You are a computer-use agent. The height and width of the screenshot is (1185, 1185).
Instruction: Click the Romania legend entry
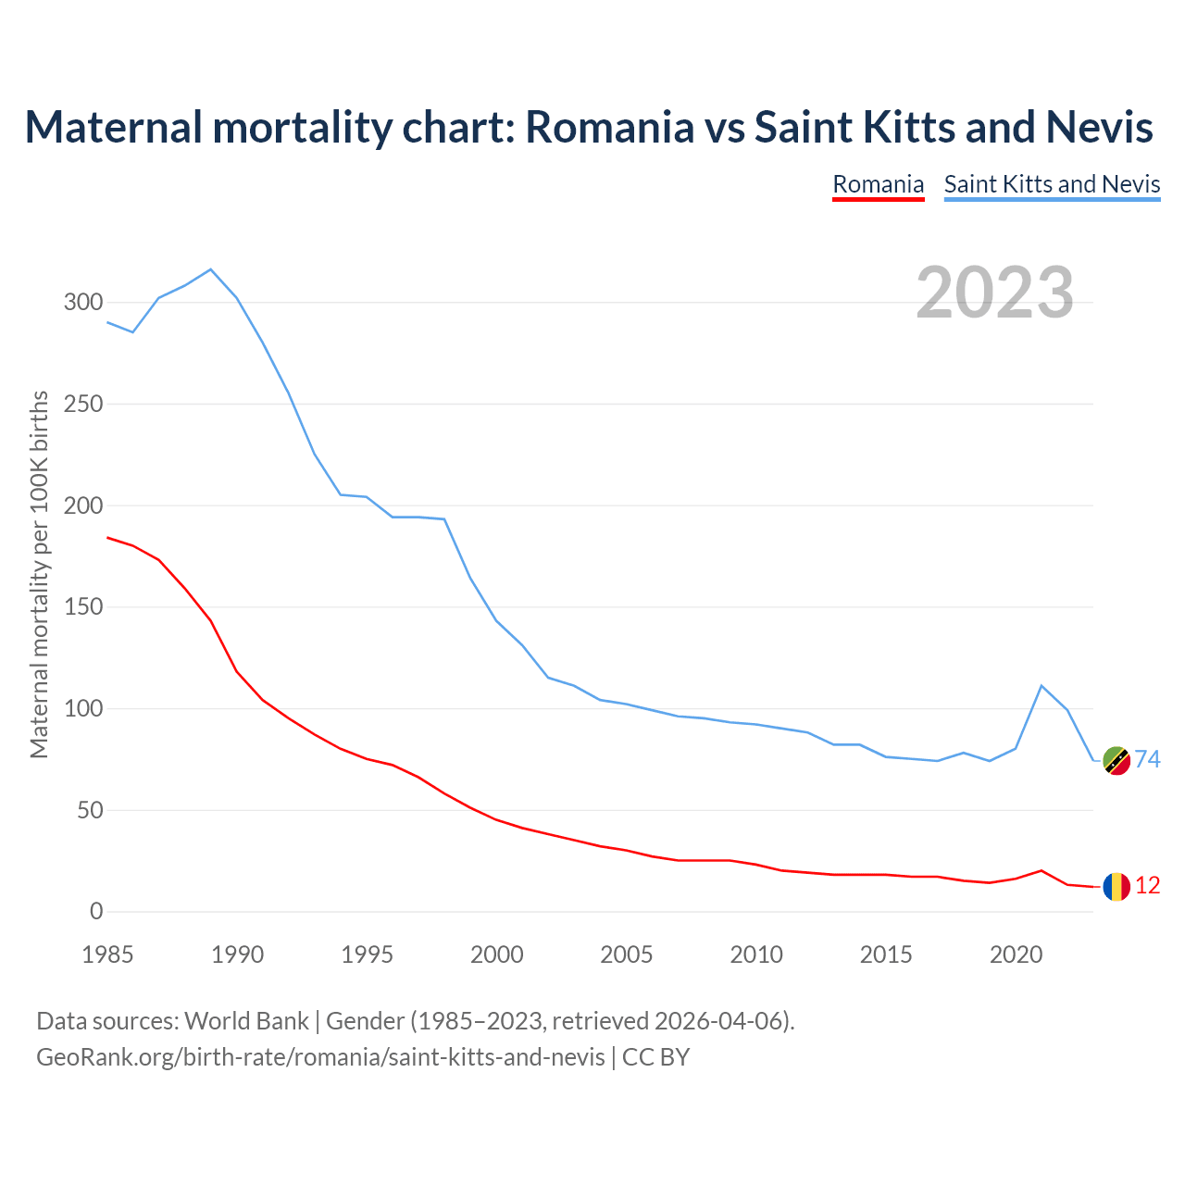pyautogui.click(x=878, y=184)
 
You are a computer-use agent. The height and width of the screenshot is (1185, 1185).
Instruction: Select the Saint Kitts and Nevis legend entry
pyautogui.click(x=1052, y=184)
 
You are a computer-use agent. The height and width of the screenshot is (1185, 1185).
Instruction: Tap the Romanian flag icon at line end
pyautogui.click(x=1116, y=886)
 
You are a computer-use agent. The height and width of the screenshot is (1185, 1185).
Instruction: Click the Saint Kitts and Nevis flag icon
pyautogui.click(x=1116, y=760)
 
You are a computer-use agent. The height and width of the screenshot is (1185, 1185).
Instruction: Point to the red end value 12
pyautogui.click(x=1147, y=886)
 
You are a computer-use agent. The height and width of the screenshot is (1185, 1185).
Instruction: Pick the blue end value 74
pyautogui.click(x=1147, y=760)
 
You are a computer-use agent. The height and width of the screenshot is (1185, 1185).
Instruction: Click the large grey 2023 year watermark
pyautogui.click(x=994, y=293)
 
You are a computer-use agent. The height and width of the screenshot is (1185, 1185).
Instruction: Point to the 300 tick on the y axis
pyautogui.click(x=83, y=303)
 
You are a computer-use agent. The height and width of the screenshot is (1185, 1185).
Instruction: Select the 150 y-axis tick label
pyautogui.click(x=83, y=607)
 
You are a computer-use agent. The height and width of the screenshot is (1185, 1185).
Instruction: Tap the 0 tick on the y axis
pyautogui.click(x=96, y=912)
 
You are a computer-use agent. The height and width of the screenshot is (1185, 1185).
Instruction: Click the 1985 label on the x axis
pyautogui.click(x=107, y=954)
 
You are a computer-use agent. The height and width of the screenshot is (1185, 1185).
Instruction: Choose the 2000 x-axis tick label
pyautogui.click(x=497, y=954)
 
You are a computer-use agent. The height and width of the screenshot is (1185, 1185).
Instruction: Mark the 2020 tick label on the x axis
pyautogui.click(x=1016, y=954)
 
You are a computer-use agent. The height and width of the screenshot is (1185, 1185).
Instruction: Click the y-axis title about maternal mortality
pyautogui.click(x=39, y=574)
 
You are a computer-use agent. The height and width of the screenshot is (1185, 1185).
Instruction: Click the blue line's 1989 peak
pyautogui.click(x=211, y=269)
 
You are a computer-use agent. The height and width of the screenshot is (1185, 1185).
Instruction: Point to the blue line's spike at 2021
pyautogui.click(x=1042, y=686)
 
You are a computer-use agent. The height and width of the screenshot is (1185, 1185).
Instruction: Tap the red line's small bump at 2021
pyautogui.click(x=1042, y=870)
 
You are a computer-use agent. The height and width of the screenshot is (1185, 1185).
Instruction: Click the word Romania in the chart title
pyautogui.click(x=609, y=127)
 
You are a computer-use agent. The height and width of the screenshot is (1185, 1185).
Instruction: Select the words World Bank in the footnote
pyautogui.click(x=246, y=1021)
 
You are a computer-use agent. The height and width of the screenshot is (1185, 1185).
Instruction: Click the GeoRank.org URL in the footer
pyautogui.click(x=320, y=1057)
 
